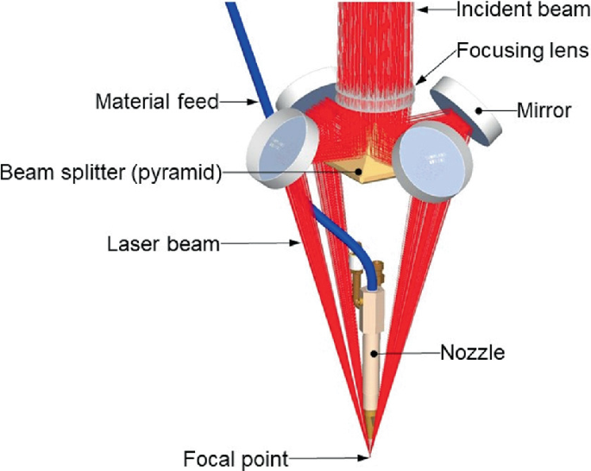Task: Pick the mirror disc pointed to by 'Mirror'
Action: coord(466,110)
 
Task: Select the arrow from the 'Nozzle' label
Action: coord(410,352)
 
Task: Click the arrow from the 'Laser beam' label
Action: coord(258,245)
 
